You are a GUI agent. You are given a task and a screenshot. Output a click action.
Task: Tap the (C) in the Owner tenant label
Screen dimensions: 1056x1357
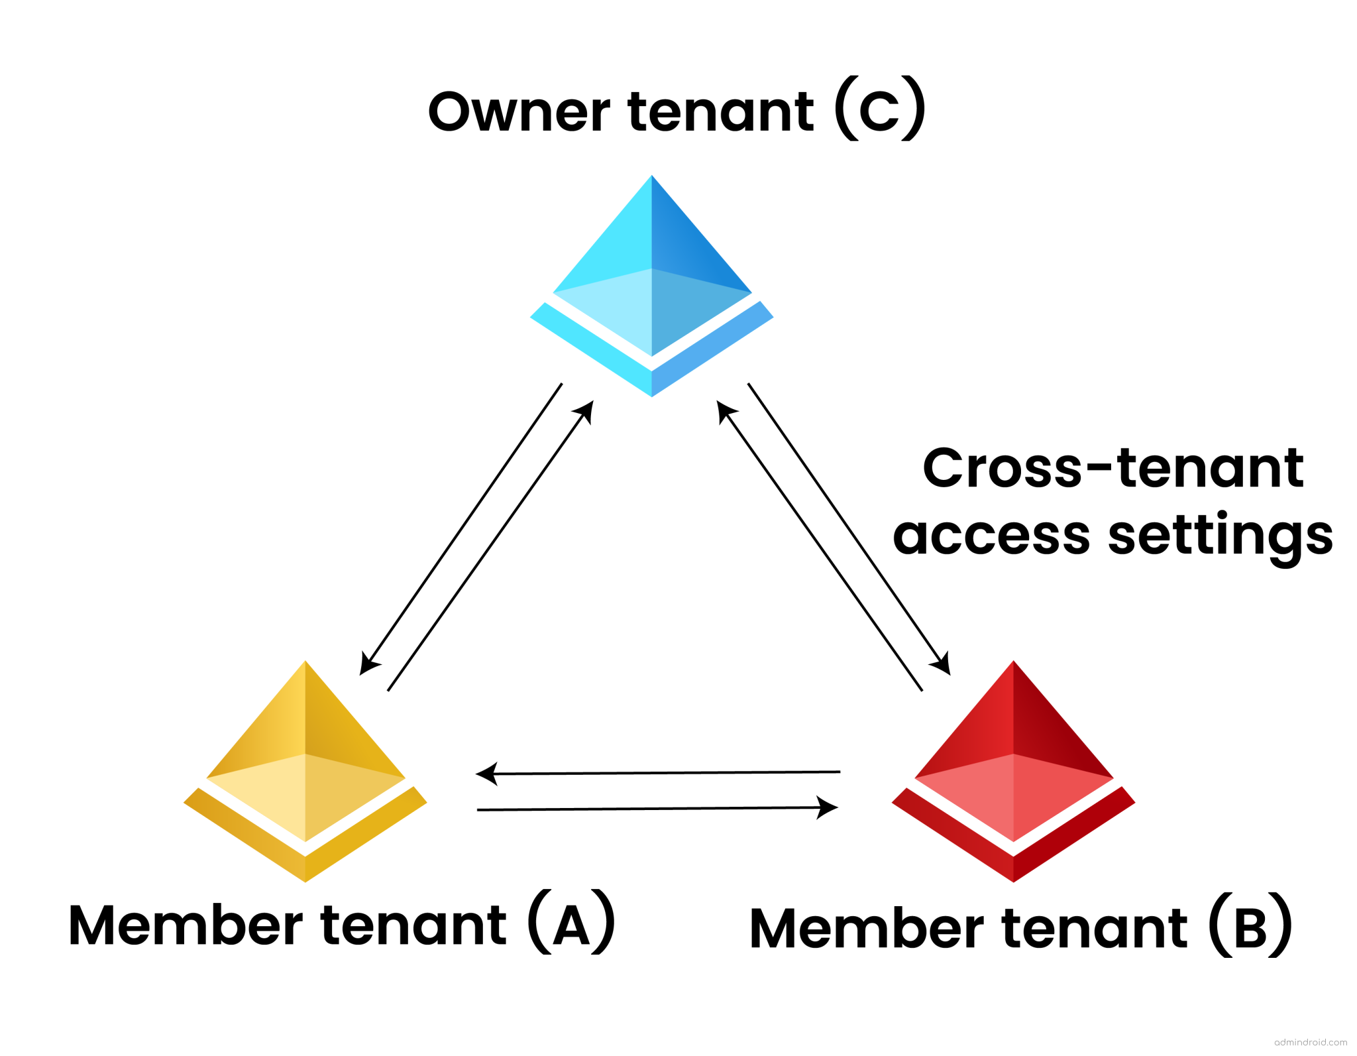pyautogui.click(x=879, y=109)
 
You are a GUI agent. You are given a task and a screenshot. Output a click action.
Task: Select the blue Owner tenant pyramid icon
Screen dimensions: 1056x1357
pyautogui.click(x=651, y=285)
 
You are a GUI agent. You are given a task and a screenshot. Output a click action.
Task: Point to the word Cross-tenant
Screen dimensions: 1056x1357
pyautogui.click(x=1113, y=467)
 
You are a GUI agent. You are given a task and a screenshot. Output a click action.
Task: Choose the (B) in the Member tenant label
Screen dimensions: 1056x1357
pyautogui.click(x=1250, y=927)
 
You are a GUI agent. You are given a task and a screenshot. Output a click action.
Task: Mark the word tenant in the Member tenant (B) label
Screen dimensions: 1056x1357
pyautogui.click(x=1095, y=928)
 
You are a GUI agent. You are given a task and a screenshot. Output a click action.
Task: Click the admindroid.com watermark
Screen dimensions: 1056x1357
pyautogui.click(x=1310, y=1042)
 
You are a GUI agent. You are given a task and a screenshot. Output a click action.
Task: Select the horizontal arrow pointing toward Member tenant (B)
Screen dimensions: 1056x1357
pyautogui.click(x=656, y=808)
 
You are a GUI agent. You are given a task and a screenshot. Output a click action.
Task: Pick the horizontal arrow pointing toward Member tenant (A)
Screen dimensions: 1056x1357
pyautogui.click(x=656, y=773)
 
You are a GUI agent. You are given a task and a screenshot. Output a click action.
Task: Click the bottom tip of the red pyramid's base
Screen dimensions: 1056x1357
pyautogui.click(x=1013, y=880)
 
